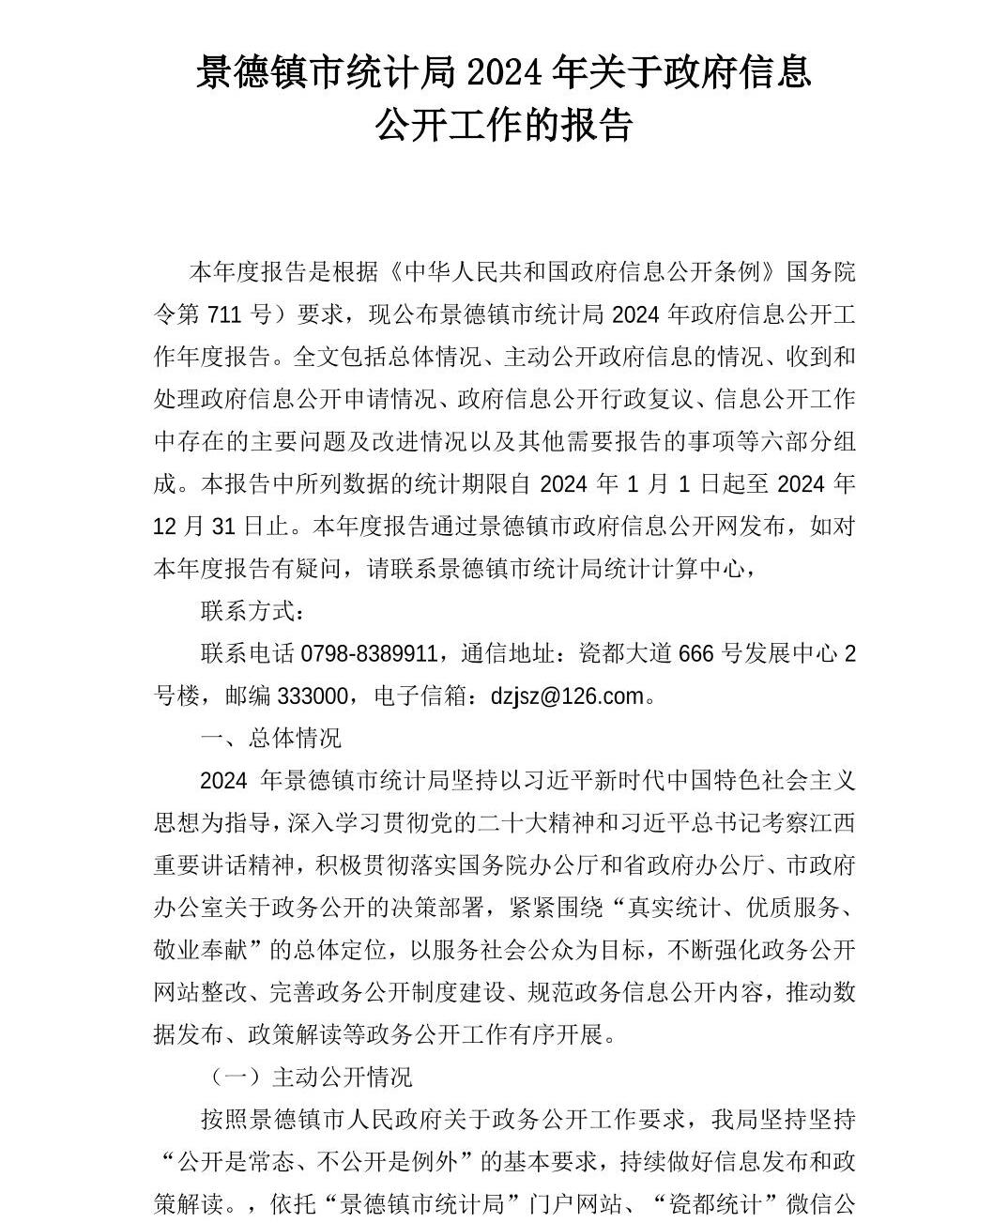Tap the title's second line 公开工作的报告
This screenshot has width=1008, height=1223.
pos(504,125)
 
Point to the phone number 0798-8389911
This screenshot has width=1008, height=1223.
pos(368,653)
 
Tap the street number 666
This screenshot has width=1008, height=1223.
pos(695,653)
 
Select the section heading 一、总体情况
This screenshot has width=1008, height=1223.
pos(271,739)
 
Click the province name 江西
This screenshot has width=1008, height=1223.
pos(832,823)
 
